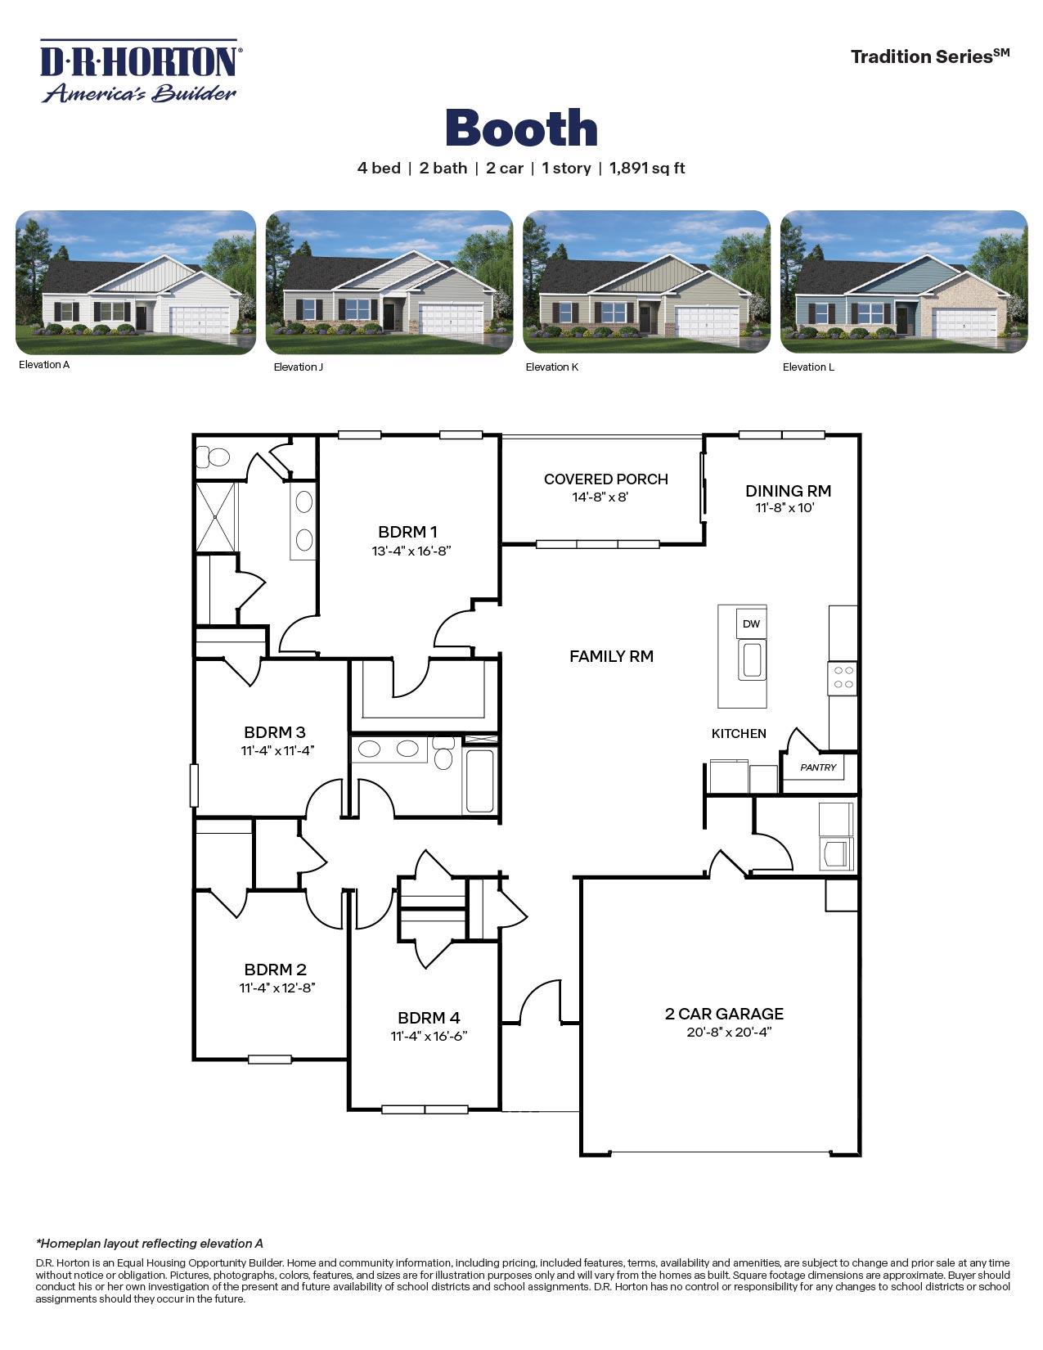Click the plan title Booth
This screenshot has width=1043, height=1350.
[x=522, y=128]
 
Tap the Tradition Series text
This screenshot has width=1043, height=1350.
[x=929, y=56]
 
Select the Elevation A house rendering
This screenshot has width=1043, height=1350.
[x=136, y=282]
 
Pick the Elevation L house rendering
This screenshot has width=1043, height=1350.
[x=904, y=282]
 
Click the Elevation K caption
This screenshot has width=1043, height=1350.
[x=552, y=367]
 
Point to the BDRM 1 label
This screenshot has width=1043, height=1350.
[x=407, y=532]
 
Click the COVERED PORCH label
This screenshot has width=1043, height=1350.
[x=605, y=479]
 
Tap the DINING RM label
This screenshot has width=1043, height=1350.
[x=788, y=491]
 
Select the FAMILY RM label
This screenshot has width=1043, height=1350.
[x=611, y=656]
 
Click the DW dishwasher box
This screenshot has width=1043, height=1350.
[x=751, y=623]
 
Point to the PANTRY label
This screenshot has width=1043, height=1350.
[x=818, y=767]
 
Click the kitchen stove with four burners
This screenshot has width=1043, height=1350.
[x=843, y=677]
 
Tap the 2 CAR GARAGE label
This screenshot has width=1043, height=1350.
[x=724, y=1014]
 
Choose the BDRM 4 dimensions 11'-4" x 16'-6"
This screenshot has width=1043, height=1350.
[x=429, y=1037]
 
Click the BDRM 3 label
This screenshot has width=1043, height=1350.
[x=275, y=732]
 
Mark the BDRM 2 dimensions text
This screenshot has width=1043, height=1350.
[x=276, y=988]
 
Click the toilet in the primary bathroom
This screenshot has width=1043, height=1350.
[x=215, y=456]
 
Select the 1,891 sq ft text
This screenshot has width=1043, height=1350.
[x=646, y=169]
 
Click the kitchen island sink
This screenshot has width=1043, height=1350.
[x=752, y=659]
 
